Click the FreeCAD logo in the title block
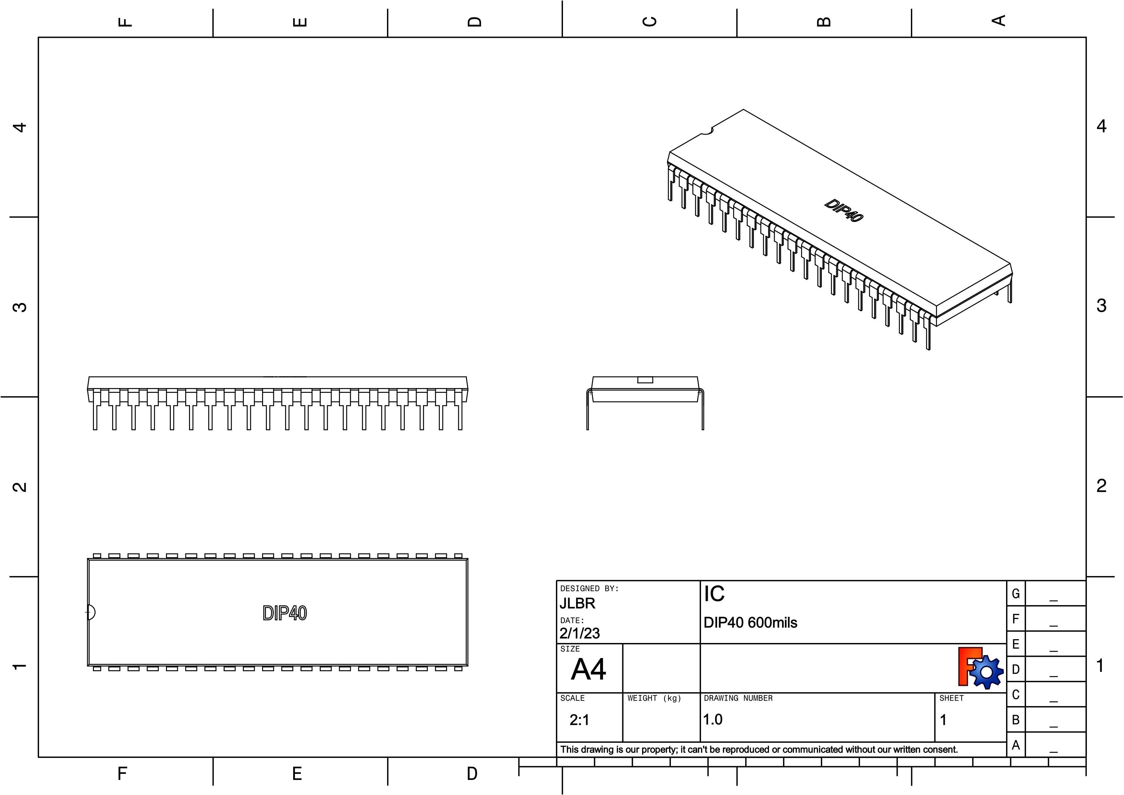(979, 668)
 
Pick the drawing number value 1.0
(713, 720)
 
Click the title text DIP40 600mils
(750, 622)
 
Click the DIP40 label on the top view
(285, 613)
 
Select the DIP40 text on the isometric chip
(843, 211)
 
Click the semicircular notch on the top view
(91, 612)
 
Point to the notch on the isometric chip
(706, 131)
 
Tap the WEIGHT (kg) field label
(654, 698)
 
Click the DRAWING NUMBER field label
(738, 698)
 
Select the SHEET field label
(951, 698)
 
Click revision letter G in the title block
(1015, 594)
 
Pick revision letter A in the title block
(1015, 745)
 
